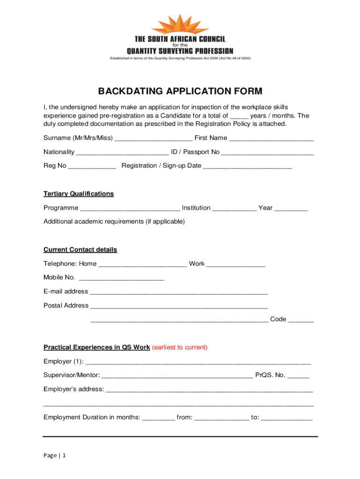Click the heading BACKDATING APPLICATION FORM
click(180, 91)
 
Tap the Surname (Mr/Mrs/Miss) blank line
click(153, 138)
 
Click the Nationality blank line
click(122, 152)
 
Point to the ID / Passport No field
click(267, 152)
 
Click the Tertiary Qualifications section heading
click(79, 194)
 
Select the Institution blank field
click(234, 209)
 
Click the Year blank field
click(291, 209)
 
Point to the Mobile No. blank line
click(122, 278)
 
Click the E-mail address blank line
click(179, 292)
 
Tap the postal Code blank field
click(301, 320)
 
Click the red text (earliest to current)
click(180, 348)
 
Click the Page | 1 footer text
click(55, 456)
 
